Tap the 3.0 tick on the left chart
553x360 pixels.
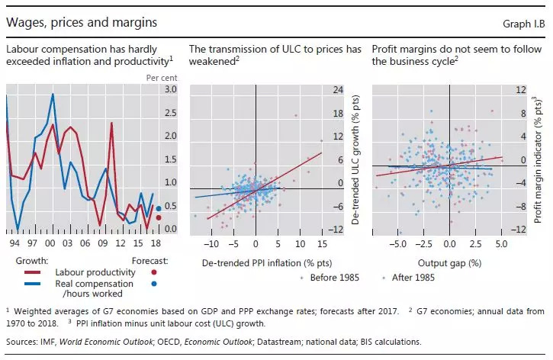click(x=172, y=89)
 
